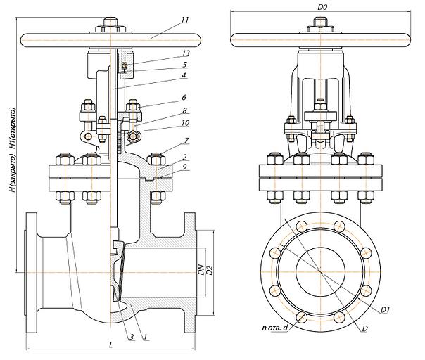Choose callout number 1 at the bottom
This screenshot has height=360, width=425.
tap(144, 338)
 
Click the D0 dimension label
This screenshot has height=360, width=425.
tap(322, 7)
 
